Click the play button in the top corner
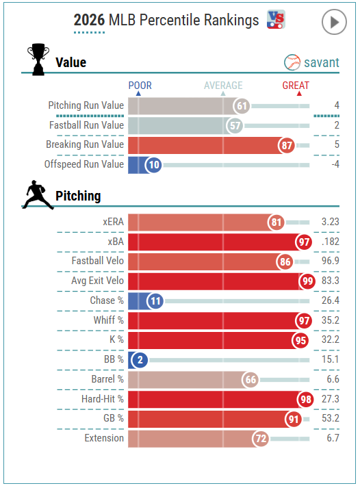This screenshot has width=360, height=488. (334, 22)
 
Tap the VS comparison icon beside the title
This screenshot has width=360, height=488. (276, 19)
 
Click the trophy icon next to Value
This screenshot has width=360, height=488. (38, 59)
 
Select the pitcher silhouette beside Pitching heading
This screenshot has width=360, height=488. (38, 194)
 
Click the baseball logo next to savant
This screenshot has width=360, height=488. (292, 62)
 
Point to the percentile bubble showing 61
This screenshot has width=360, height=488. (242, 106)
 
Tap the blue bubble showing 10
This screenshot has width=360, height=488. (154, 164)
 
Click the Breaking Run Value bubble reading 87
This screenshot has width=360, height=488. (287, 145)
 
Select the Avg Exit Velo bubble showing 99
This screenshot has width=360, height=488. (307, 281)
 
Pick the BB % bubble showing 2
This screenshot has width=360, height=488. (140, 360)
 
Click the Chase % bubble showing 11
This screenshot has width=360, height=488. (155, 300)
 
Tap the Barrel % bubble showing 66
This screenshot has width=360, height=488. (250, 379)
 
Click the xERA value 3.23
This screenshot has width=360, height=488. (330, 222)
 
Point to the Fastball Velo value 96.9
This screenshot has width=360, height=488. (330, 261)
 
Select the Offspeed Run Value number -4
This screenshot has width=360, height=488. (335, 164)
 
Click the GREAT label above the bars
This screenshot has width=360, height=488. (296, 86)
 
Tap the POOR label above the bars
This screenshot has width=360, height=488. (140, 86)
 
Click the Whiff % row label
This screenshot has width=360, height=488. (109, 320)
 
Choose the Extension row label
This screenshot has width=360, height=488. (104, 438)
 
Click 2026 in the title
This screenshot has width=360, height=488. (89, 21)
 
